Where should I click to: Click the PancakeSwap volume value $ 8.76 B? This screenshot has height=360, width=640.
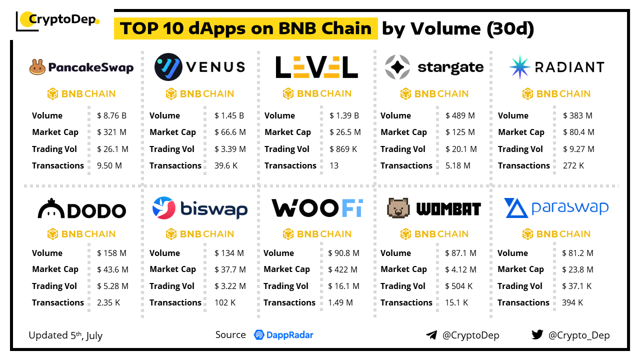pos(111,115)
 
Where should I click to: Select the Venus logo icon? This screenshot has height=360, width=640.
pos(168,67)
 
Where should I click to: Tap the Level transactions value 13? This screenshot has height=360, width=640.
pos(333,165)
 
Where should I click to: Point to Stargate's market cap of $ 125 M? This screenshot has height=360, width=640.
pos(460,132)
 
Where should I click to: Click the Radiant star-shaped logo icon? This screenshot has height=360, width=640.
pos(519,67)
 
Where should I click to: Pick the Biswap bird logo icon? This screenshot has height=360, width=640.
pos(163,208)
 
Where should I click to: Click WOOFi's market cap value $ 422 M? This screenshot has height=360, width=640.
pos(342,269)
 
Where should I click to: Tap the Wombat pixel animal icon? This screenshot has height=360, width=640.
pos(398,208)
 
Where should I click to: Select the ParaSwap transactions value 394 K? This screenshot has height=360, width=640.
pos(572,302)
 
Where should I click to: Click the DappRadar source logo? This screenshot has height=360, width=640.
pos(283,335)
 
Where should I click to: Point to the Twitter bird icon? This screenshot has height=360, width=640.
pos(537,335)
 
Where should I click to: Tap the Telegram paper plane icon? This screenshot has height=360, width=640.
pos(431,335)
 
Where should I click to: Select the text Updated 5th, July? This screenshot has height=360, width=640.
pos(65,335)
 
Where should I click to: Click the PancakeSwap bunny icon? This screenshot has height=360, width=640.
pos(37,67)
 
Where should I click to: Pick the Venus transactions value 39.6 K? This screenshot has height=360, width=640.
pos(226,165)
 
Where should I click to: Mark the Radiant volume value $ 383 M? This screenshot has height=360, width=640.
pos(577,115)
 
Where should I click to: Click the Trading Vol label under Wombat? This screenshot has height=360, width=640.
pos(402,286)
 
